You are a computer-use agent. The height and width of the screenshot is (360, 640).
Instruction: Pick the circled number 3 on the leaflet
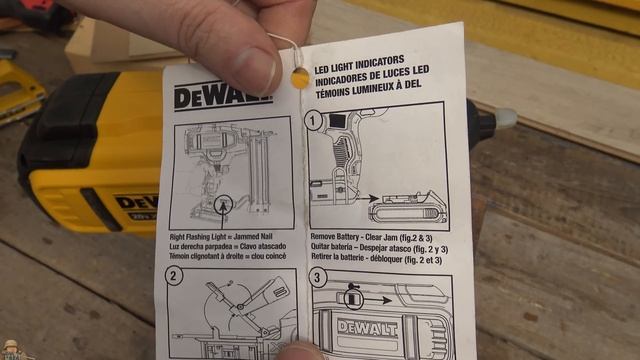tap(319, 277)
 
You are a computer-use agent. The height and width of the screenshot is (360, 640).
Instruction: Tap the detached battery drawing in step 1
tap(409, 210)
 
